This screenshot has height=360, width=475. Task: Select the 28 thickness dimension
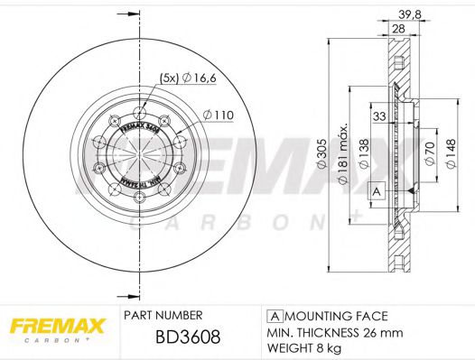click(397, 30)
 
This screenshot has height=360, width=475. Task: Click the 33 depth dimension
click(380, 116)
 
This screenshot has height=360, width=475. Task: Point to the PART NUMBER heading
click(161, 315)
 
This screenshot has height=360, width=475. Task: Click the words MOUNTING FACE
click(334, 316)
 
